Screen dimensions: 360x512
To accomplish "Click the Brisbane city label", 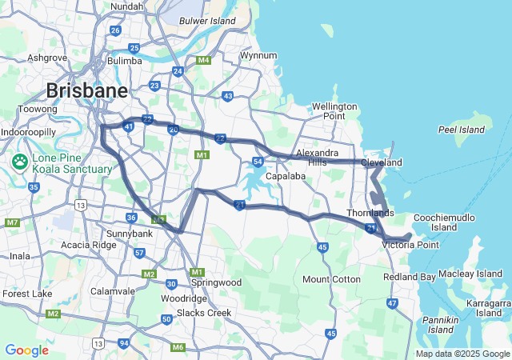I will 86,90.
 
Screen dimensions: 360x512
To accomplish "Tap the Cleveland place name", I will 381,162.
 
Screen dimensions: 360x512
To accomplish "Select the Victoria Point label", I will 410,245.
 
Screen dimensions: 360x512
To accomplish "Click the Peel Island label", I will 462,130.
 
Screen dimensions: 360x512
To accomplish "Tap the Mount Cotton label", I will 331,279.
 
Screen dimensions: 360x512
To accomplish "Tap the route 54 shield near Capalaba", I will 258,162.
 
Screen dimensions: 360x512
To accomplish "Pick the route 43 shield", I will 228,96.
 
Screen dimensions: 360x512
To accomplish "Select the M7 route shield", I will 12,222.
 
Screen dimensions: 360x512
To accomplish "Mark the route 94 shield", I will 124,343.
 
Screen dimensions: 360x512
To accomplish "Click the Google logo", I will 26,350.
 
